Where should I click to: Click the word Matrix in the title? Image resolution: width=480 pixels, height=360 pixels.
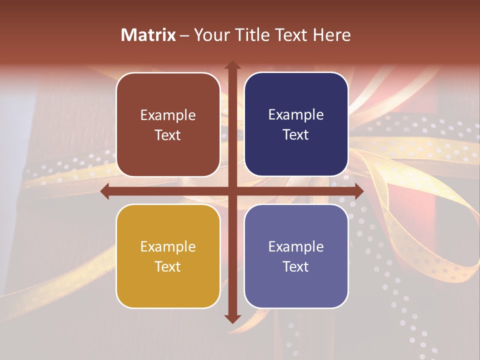[148, 35]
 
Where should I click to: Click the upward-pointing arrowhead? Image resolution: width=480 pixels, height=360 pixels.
[232, 65]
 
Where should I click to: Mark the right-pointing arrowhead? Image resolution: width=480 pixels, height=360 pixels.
[358, 191]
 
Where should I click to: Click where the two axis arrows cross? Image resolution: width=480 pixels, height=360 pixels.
[232, 191]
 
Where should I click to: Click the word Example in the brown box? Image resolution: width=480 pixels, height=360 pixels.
[168, 115]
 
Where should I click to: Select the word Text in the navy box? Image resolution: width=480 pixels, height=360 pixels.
[296, 135]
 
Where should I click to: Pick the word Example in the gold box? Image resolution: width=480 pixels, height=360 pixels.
[168, 247]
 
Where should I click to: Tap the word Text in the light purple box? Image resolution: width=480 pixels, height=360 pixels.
[296, 266]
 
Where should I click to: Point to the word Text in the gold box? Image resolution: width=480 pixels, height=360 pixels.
[168, 266]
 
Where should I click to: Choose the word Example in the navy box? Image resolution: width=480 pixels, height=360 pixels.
[296, 115]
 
